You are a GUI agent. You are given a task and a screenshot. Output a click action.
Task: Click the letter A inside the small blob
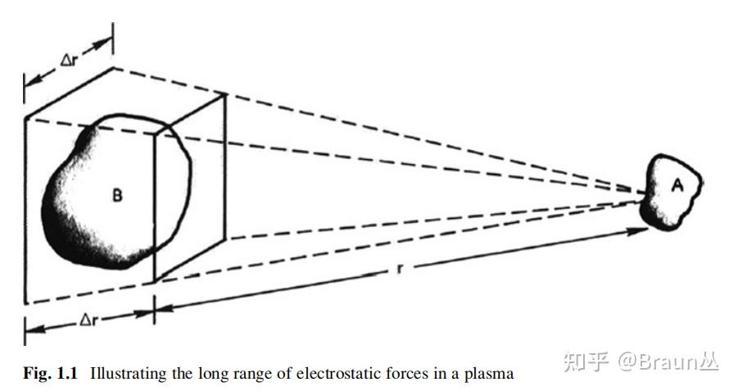(x=677, y=186)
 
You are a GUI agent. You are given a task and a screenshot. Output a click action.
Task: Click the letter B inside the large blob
(x=117, y=196)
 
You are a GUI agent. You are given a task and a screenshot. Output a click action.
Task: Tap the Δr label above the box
(x=70, y=61)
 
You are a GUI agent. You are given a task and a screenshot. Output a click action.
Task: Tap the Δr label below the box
(x=89, y=321)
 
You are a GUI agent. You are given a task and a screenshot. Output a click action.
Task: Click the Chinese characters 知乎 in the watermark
(x=586, y=361)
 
